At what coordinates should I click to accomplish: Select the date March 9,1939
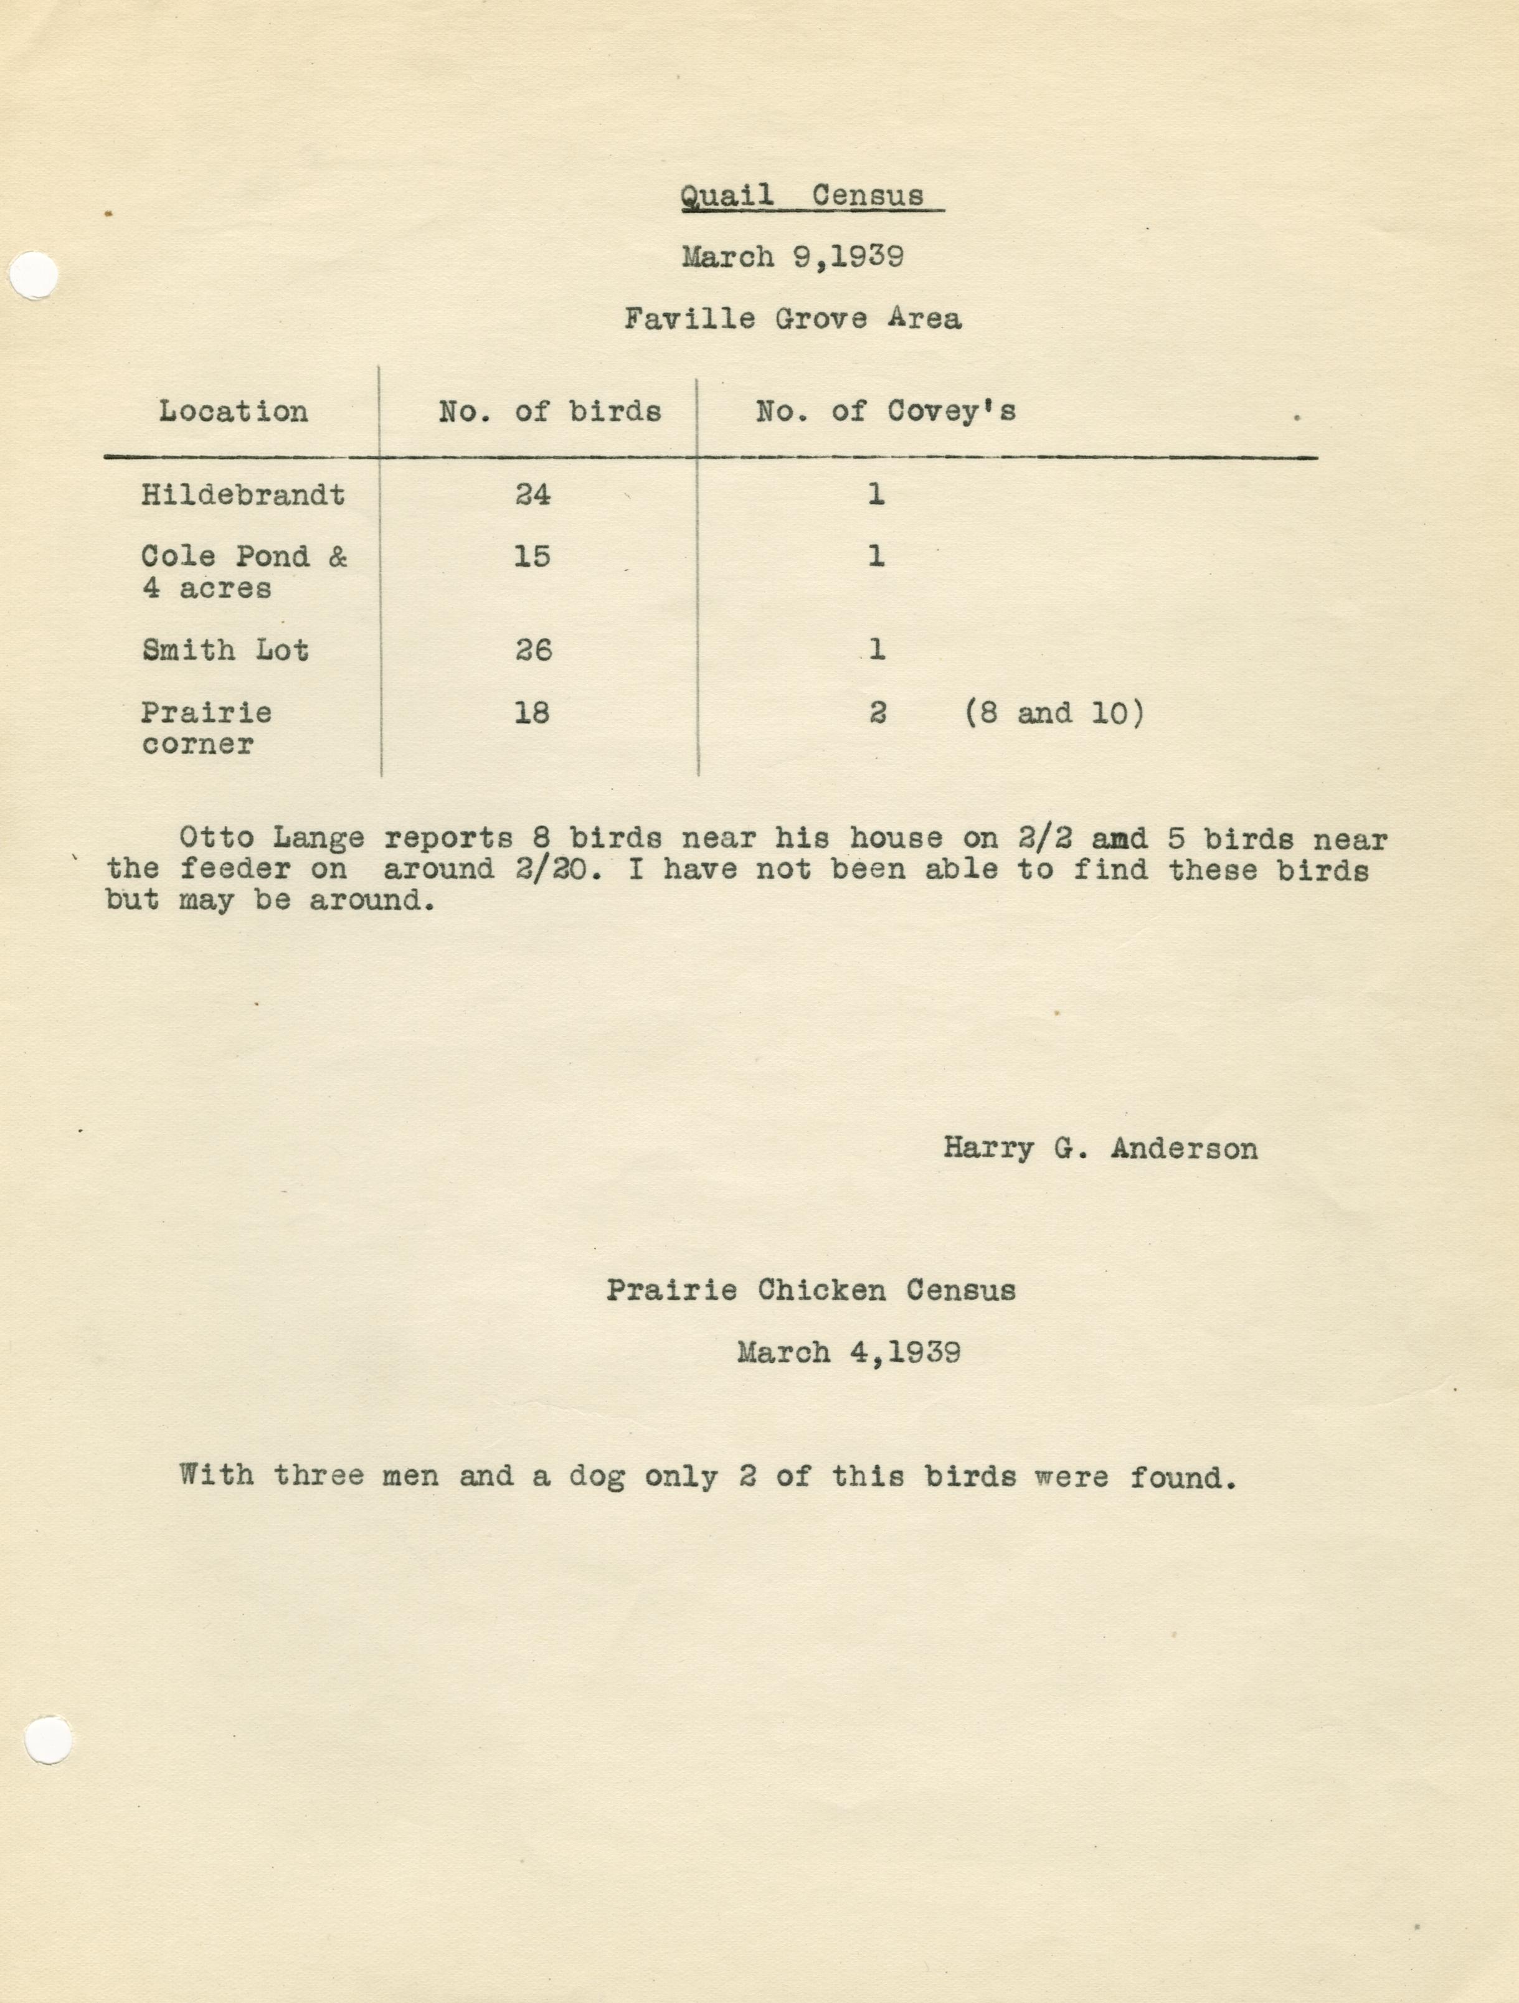coord(793,257)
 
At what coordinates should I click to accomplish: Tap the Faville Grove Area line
coord(793,319)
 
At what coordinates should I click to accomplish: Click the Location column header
coord(234,412)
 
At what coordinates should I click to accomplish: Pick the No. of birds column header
coord(550,412)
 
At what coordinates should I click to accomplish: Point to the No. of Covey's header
coord(886,412)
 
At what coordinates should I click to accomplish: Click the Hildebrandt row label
coord(243,496)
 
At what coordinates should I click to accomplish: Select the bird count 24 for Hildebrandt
coord(532,496)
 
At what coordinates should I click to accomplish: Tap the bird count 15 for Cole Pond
coord(532,556)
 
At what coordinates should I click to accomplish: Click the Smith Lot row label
coord(225,650)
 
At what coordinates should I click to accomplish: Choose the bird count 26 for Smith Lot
coord(532,650)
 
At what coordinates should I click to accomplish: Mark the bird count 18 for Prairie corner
coord(532,713)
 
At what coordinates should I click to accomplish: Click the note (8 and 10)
coord(1053,714)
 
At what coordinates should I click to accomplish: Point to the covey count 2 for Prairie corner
coord(876,714)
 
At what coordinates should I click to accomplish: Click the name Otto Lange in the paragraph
coord(272,839)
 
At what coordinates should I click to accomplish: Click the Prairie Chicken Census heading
coord(811,1289)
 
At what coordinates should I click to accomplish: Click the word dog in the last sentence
coord(597,1478)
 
